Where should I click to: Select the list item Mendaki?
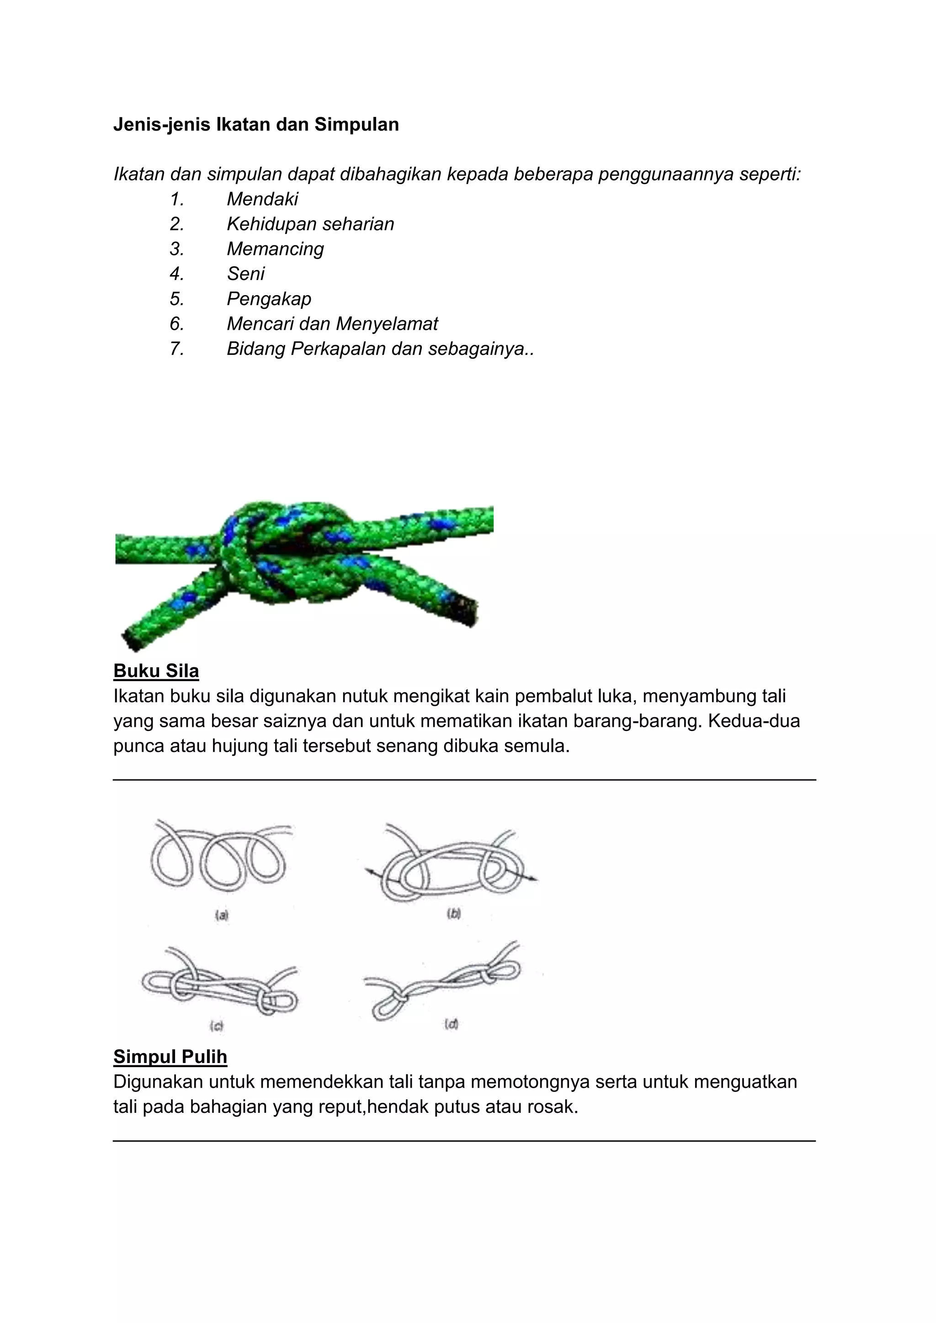pyautogui.click(x=262, y=199)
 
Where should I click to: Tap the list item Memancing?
pyautogui.click(x=275, y=249)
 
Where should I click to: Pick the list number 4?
pyautogui.click(x=176, y=274)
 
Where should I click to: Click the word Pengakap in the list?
pyautogui.click(x=269, y=298)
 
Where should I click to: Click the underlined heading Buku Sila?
pyautogui.click(x=156, y=671)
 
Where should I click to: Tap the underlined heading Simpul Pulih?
pyautogui.click(x=170, y=1056)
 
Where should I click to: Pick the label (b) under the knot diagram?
pyautogui.click(x=453, y=913)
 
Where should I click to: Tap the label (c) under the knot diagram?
pyautogui.click(x=217, y=1025)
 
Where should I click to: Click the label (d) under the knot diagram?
pyautogui.click(x=451, y=1024)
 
